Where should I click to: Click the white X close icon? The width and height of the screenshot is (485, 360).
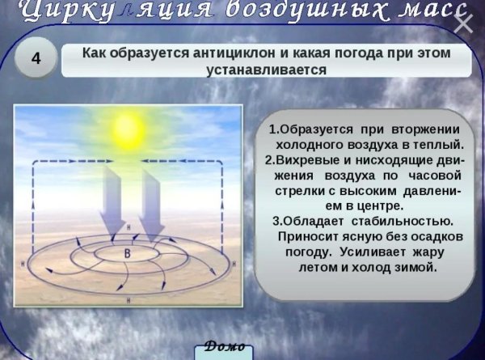463,23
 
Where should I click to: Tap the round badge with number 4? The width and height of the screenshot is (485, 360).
35,59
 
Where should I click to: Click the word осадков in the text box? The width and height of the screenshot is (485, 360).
434,236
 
